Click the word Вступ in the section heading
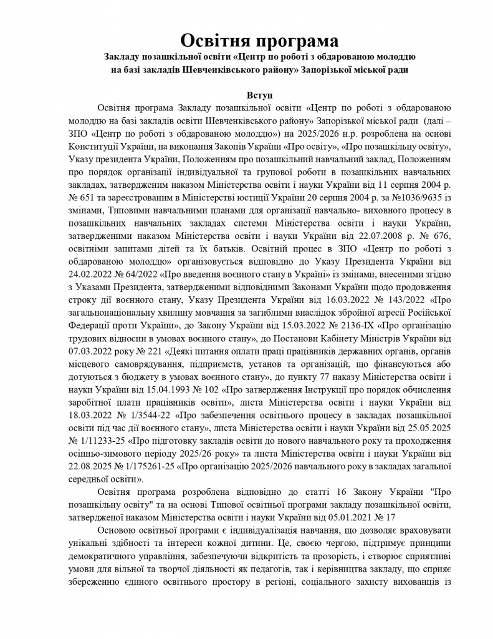point(246,97)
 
